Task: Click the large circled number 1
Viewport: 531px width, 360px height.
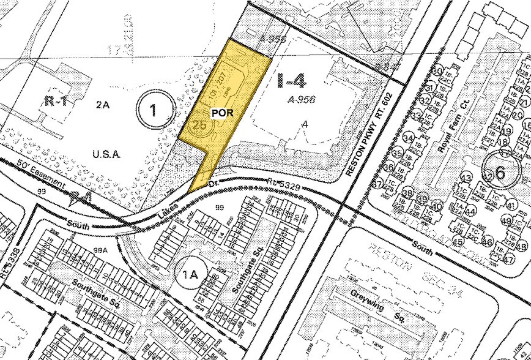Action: pyautogui.click(x=153, y=110)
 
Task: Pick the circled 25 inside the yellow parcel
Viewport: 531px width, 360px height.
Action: pyautogui.click(x=199, y=125)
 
